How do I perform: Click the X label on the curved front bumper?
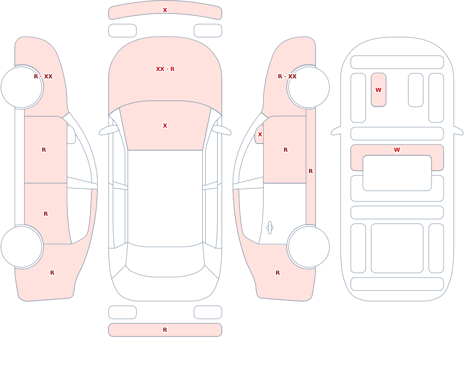165,10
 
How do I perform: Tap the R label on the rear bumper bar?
165,330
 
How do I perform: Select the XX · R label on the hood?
165,69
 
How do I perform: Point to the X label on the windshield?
165,126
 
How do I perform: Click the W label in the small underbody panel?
378,90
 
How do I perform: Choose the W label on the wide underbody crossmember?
397,150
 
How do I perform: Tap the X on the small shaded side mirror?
260,135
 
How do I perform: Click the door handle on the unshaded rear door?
270,228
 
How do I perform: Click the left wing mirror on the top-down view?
109,130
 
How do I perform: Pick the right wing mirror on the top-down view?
221,130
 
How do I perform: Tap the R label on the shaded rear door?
45,214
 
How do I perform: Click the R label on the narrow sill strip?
310,171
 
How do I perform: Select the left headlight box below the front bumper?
122,31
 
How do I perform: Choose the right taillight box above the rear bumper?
208,312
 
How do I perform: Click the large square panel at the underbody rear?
397,248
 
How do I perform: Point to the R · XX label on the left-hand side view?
43,77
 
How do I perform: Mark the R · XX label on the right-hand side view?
287,77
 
